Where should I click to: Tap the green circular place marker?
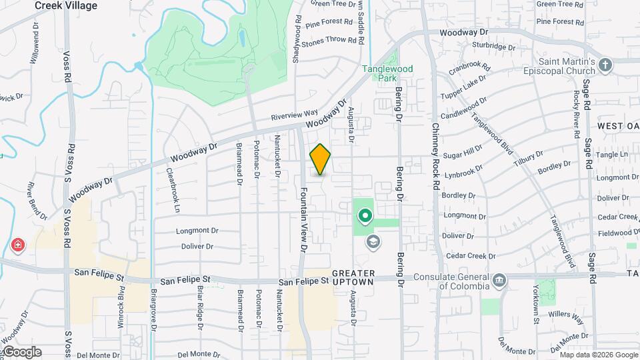(x=365, y=216)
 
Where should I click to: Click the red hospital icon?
(x=17, y=245)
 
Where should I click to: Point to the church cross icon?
(x=605, y=65)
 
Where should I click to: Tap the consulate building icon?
(x=499, y=282)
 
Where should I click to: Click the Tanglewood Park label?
(x=387, y=73)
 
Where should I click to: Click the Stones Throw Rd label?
(x=329, y=40)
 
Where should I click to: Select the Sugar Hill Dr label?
(x=463, y=151)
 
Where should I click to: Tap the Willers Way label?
(x=567, y=316)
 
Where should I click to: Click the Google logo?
(x=21, y=352)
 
